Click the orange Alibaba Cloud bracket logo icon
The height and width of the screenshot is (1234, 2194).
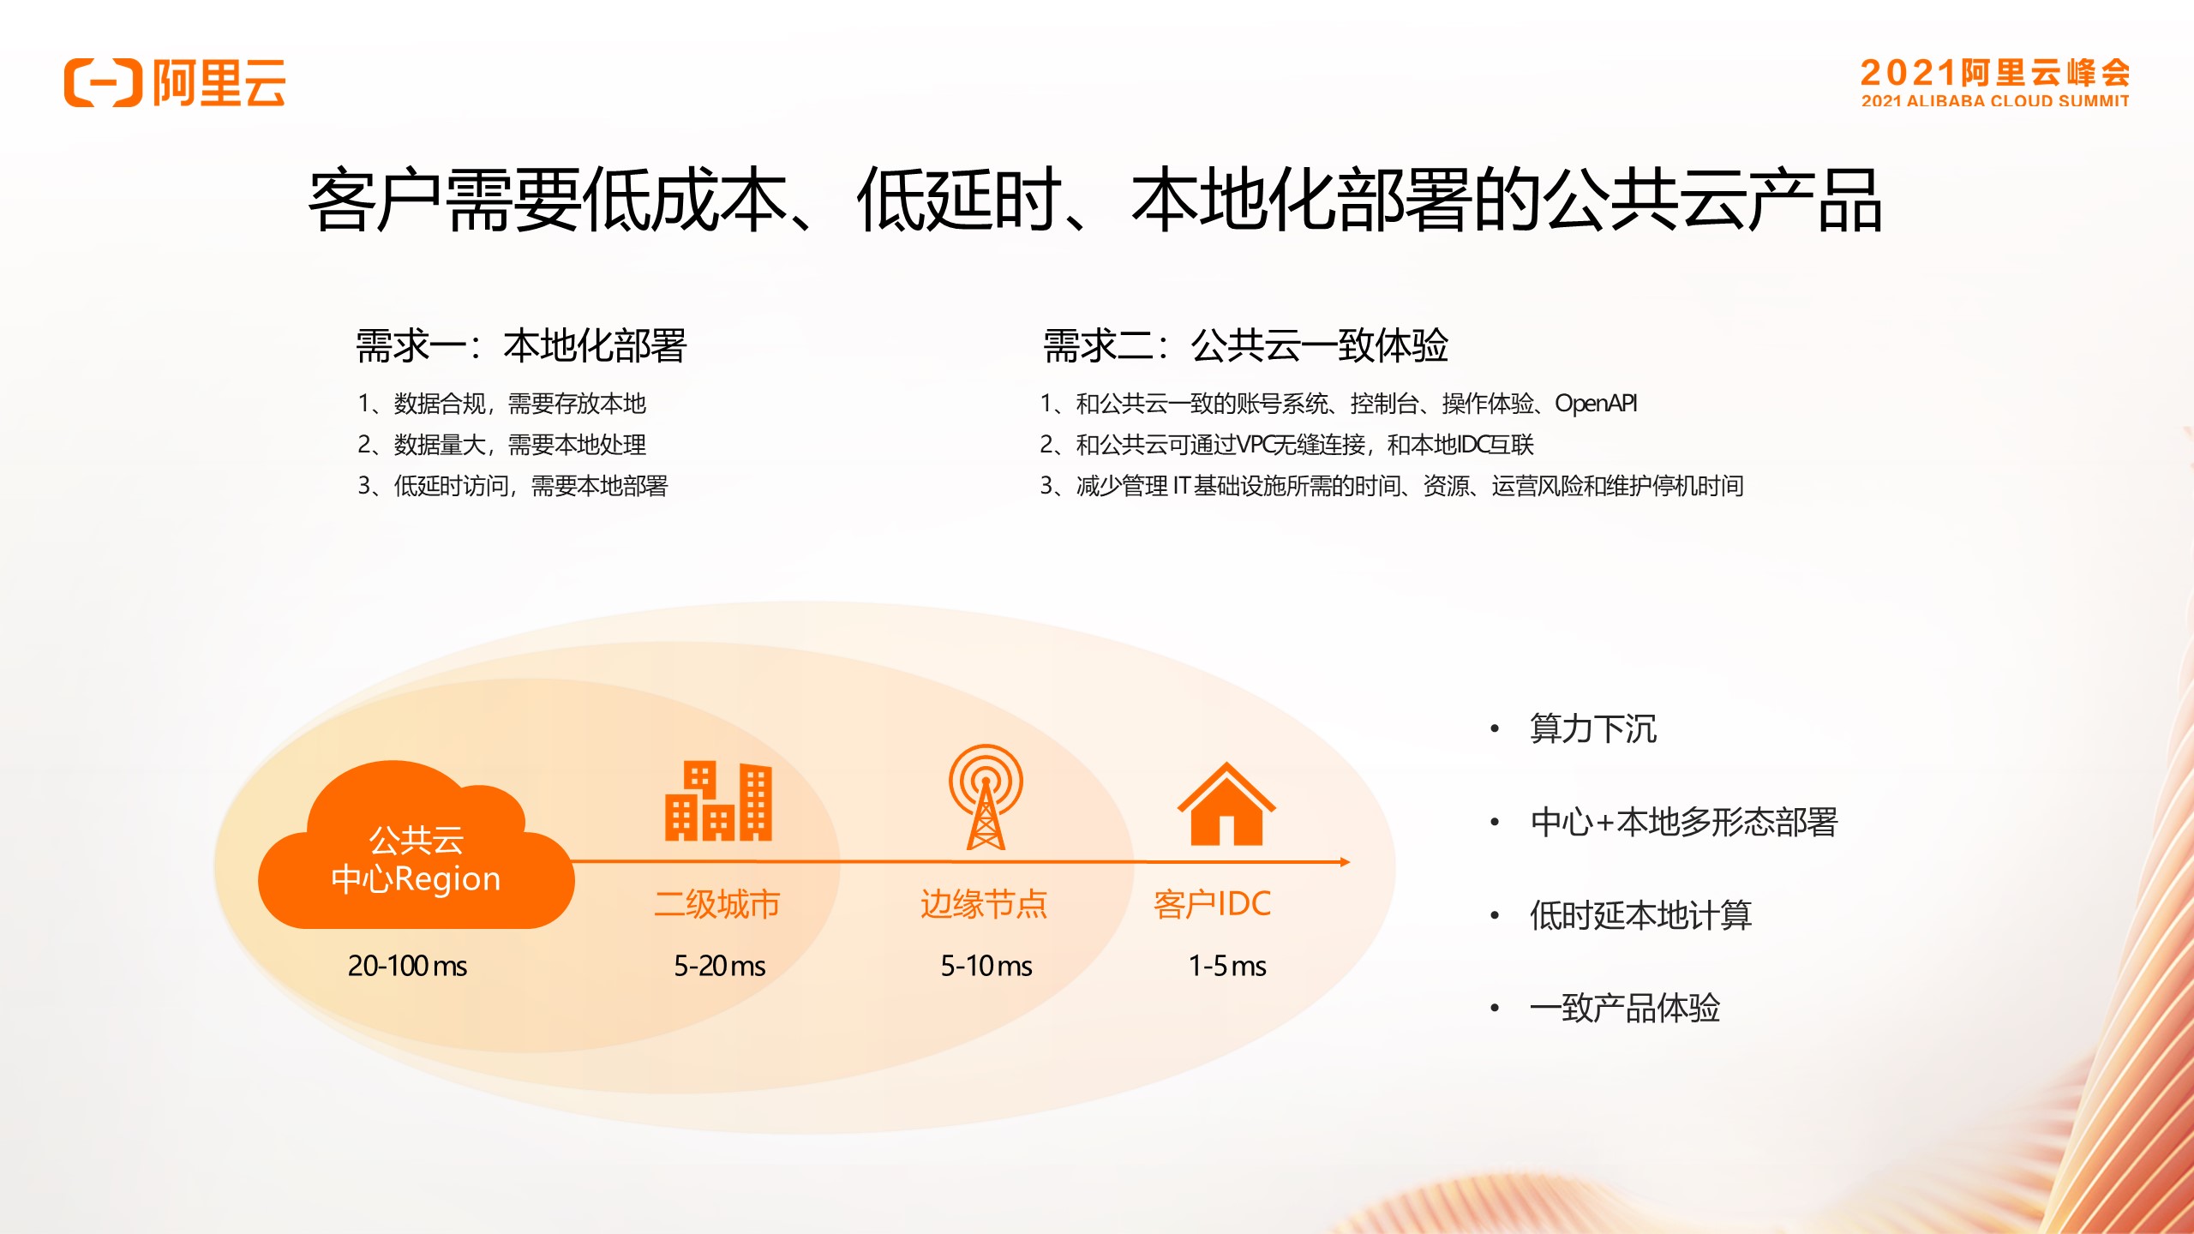[x=103, y=83]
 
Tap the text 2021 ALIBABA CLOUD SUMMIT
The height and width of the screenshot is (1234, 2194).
[x=1995, y=101]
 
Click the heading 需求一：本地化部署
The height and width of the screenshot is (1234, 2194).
[x=521, y=346]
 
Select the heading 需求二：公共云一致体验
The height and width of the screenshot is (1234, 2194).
[x=1245, y=346]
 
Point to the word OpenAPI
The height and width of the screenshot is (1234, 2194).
[x=1596, y=403]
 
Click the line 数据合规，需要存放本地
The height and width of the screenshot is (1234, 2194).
[x=519, y=403]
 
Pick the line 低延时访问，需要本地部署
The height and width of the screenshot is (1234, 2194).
[x=531, y=486]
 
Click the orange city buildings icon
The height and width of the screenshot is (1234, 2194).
[x=718, y=801]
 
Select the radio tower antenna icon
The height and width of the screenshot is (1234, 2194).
[x=986, y=796]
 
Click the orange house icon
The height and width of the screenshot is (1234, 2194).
[x=1226, y=804]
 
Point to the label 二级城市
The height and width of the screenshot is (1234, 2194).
[x=716, y=904]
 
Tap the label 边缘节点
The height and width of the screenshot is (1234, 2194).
[x=984, y=904]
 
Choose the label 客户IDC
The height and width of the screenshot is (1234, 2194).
[x=1212, y=904]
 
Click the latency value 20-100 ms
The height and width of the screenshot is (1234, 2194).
[x=407, y=966]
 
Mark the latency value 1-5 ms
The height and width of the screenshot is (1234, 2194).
[x=1227, y=966]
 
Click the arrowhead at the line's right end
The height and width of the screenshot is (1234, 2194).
[x=1346, y=862]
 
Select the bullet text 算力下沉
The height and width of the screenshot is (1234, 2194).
[x=1593, y=728]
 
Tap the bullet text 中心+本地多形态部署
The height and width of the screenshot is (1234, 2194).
[x=1684, y=822]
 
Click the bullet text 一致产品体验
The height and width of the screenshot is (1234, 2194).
[x=1625, y=1008]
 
